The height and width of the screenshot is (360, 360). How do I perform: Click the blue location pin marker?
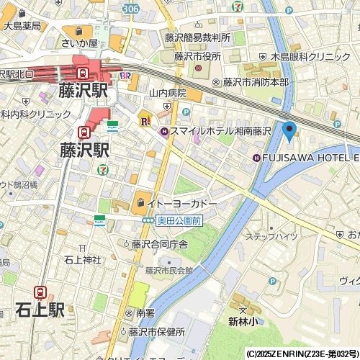(289, 131)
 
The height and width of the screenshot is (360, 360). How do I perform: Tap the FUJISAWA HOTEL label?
(310, 158)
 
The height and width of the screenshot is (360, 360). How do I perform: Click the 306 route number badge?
(130, 6)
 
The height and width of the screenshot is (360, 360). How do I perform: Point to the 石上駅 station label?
(40, 310)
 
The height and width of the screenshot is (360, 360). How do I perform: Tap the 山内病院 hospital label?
(168, 93)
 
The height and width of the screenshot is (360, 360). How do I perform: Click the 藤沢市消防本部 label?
(255, 82)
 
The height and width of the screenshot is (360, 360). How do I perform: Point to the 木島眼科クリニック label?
(309, 56)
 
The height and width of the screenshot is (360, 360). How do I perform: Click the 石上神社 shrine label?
(82, 259)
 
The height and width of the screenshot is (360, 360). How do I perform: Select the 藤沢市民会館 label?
(169, 271)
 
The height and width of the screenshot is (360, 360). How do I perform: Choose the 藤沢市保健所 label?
(157, 332)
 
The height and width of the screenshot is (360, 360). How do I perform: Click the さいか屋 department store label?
(78, 44)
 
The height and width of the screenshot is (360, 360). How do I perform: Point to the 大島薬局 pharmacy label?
(22, 26)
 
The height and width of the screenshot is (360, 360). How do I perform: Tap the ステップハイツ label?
(271, 236)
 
